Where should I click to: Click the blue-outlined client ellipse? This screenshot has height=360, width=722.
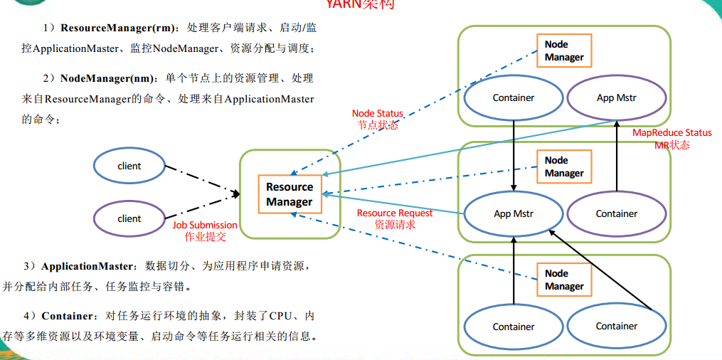click(x=129, y=166)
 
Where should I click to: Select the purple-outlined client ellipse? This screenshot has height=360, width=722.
click(x=129, y=218)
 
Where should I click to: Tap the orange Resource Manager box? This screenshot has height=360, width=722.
click(x=290, y=194)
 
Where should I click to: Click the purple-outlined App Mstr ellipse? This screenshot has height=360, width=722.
click(x=616, y=97)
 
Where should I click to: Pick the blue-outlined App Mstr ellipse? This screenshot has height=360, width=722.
click(x=513, y=213)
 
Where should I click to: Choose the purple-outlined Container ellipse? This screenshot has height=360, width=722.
click(x=616, y=213)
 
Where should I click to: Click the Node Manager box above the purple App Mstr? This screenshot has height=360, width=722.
click(x=564, y=51)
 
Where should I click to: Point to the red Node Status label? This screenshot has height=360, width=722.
click(x=377, y=114)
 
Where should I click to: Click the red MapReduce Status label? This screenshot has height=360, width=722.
click(x=671, y=133)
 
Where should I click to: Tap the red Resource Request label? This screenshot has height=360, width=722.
click(x=395, y=213)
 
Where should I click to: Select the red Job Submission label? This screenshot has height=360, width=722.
click(x=205, y=225)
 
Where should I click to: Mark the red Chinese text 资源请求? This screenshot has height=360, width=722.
click(x=395, y=224)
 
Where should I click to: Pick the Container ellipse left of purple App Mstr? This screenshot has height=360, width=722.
click(x=513, y=97)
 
